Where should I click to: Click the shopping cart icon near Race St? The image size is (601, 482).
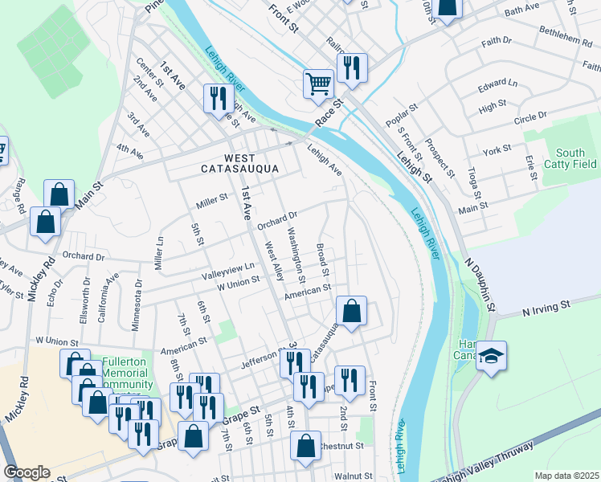click(318, 83)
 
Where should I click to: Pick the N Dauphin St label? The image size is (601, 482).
click(480, 285)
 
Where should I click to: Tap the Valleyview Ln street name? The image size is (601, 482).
click(227, 272)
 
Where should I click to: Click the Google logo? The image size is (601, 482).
click(27, 472)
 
